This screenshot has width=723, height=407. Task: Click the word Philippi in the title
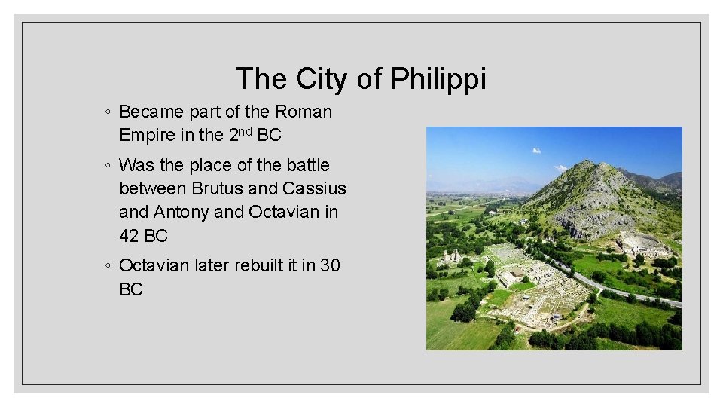pos(438,79)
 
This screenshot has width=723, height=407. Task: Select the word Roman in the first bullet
pos(304,112)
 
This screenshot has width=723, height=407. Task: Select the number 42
pos(130,236)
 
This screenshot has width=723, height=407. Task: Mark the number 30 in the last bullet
pos(330,265)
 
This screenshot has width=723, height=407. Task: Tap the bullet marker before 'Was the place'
pos(109,165)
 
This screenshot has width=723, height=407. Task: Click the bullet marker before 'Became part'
pos(109,112)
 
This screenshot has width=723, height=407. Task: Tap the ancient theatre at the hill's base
pos(642,244)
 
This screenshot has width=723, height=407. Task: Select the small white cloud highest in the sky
pos(536,150)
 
